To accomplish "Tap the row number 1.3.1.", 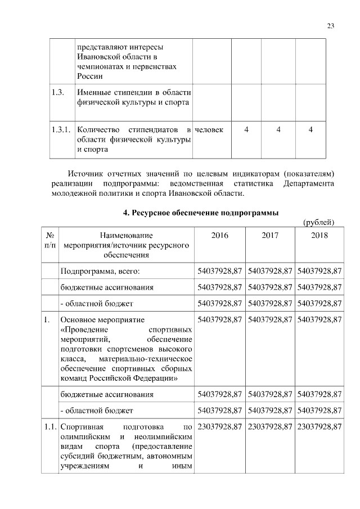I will point(60,130).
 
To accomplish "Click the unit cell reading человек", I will point(209,130).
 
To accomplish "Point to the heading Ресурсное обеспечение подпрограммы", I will point(201,213).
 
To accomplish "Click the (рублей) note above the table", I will point(319,222).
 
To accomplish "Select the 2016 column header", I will point(219,236).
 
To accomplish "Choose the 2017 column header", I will point(270,236).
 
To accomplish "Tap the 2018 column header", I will point(319,236).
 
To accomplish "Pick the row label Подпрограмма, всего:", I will point(100,271).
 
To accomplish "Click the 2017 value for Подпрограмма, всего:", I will point(270,271).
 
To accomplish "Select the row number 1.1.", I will point(50,427).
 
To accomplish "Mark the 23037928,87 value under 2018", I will point(319,427).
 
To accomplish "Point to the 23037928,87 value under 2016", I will point(219,427).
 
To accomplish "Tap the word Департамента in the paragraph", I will point(309,183).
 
